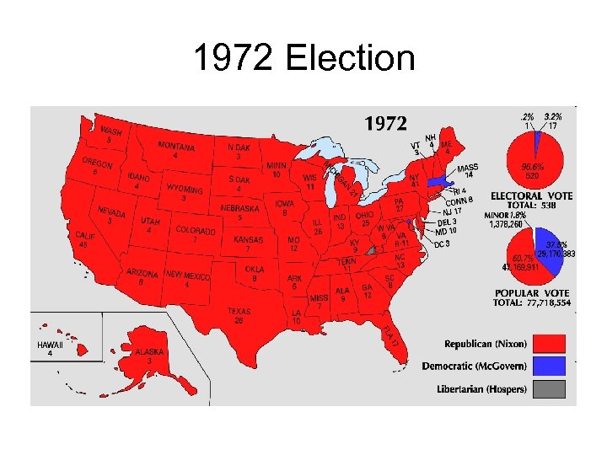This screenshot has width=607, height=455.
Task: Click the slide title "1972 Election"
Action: click(303, 59)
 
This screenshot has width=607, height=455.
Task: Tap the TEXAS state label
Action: click(239, 312)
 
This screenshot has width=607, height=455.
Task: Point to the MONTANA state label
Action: click(176, 147)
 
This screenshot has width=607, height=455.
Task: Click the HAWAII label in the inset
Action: click(50, 345)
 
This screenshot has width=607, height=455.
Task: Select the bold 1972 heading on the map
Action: click(385, 125)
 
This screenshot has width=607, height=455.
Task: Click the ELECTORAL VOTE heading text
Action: click(531, 196)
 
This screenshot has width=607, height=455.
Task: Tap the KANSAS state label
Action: click(248, 239)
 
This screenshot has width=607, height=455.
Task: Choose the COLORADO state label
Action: click(195, 230)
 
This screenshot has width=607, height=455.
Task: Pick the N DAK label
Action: click(239, 147)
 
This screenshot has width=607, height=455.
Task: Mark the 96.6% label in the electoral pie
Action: click(532, 167)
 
